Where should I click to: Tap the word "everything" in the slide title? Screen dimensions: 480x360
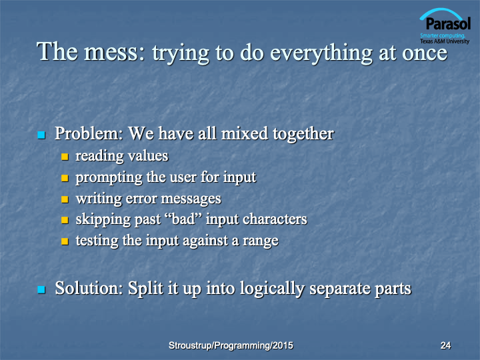[x=321, y=53]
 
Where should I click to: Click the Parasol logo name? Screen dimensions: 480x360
[x=448, y=24]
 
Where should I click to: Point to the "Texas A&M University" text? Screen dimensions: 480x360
[x=445, y=41]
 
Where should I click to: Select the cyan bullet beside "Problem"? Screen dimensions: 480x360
[x=41, y=135]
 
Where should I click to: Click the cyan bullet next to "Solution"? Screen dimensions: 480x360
[x=41, y=289]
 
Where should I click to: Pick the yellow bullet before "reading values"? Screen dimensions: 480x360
[x=65, y=157]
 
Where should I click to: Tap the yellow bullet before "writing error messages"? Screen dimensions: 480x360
[x=65, y=199]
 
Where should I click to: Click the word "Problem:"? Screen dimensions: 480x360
[x=89, y=133]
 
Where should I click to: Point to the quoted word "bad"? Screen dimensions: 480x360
[x=183, y=219]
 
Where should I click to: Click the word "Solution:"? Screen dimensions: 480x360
[x=89, y=289]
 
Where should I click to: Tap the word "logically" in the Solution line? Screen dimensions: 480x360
[x=272, y=289]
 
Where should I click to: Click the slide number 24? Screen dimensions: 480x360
[x=445, y=345]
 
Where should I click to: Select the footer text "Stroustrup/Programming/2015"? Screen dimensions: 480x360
[x=231, y=345]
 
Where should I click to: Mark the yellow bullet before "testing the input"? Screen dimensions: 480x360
[x=65, y=241]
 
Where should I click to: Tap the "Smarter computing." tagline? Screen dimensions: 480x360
[x=443, y=35]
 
